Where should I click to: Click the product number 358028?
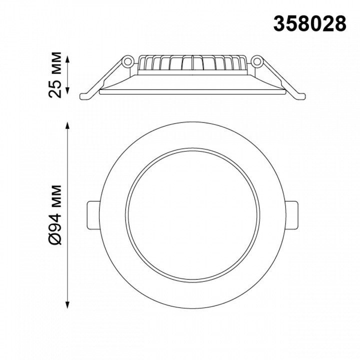(309, 23)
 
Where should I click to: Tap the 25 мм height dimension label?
(55, 75)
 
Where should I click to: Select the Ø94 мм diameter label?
(55, 214)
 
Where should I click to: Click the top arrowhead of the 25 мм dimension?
(67, 59)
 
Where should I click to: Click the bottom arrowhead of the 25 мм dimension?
(67, 90)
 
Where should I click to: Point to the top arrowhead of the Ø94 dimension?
(67, 126)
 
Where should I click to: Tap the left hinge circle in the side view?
(127, 61)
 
